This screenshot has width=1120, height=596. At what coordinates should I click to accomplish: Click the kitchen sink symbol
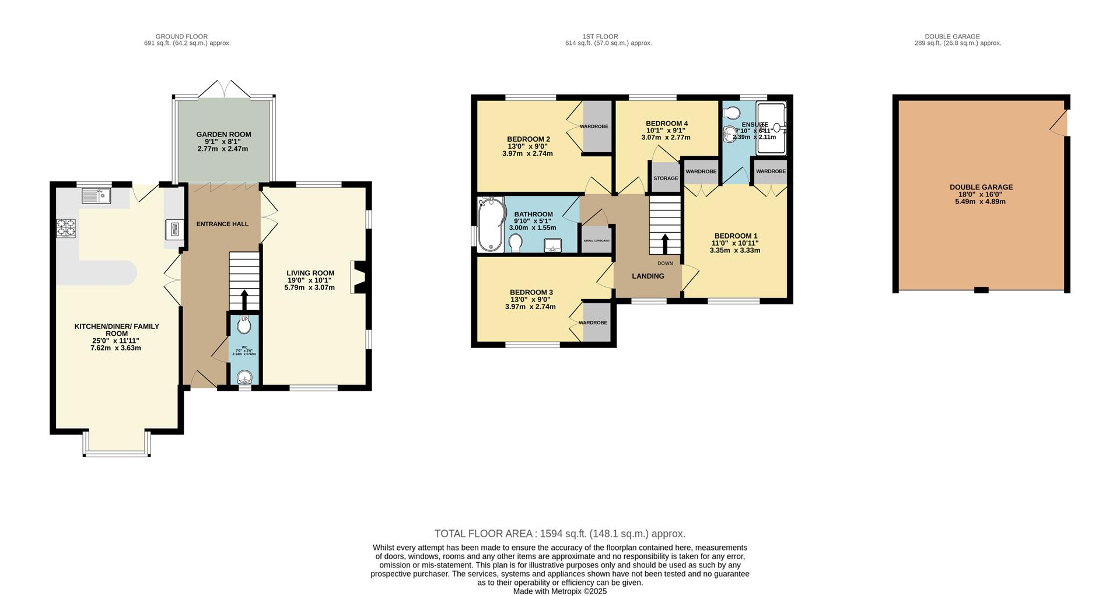97,196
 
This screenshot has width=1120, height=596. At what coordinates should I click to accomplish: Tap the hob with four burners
66,228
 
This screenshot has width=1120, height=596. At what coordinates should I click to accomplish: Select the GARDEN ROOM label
223,135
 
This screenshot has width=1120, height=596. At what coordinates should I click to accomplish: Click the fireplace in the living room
358,277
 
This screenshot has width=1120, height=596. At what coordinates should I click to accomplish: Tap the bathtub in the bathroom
490,226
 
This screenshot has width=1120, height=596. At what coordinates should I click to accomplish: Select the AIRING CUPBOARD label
596,240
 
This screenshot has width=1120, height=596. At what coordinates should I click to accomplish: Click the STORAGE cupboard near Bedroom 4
666,178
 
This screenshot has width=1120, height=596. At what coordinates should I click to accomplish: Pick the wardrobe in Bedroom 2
597,127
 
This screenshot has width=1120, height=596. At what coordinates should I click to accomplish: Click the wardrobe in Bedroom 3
597,322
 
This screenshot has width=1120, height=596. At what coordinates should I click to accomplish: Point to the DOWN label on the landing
665,264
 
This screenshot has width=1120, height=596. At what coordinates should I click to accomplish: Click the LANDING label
648,276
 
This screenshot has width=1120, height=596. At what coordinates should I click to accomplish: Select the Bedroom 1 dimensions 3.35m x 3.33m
735,251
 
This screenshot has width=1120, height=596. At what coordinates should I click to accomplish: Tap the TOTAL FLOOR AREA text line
559,534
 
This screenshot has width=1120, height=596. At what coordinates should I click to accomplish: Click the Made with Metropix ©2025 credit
559,591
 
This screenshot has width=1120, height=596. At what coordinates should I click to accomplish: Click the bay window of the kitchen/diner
117,451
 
